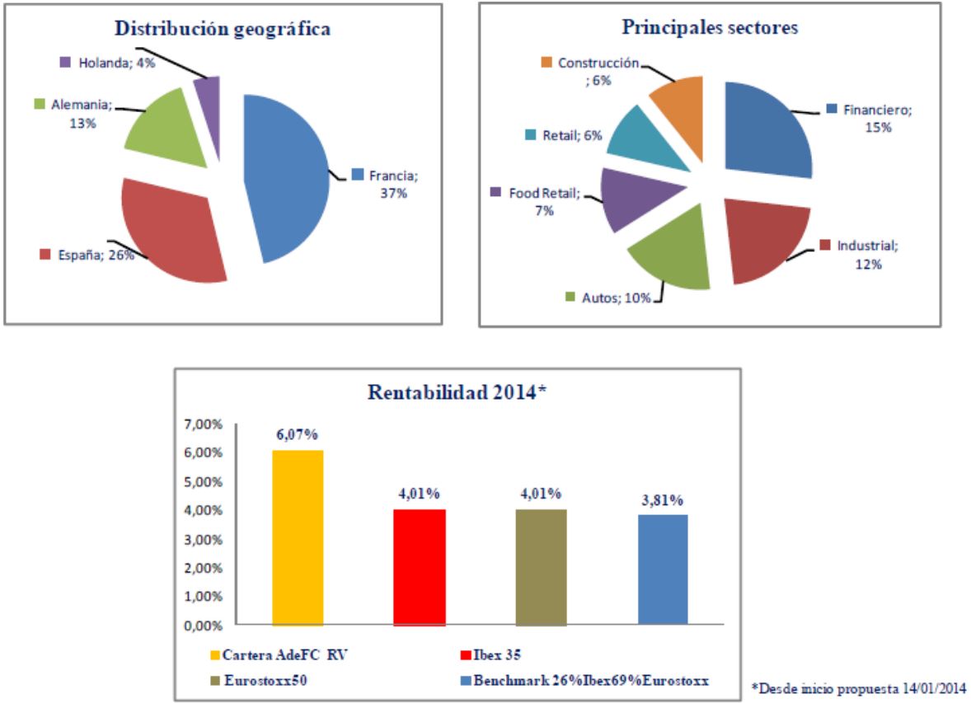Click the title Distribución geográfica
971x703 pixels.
(223, 29)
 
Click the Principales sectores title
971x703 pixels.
(709, 27)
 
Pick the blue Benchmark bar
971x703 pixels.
(663, 569)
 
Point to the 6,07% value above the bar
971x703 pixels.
(298, 434)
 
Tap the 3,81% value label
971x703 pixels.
(663, 499)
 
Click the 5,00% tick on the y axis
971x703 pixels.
(205, 481)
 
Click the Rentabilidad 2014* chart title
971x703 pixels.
(457, 392)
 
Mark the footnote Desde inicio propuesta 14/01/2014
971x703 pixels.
(858, 687)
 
